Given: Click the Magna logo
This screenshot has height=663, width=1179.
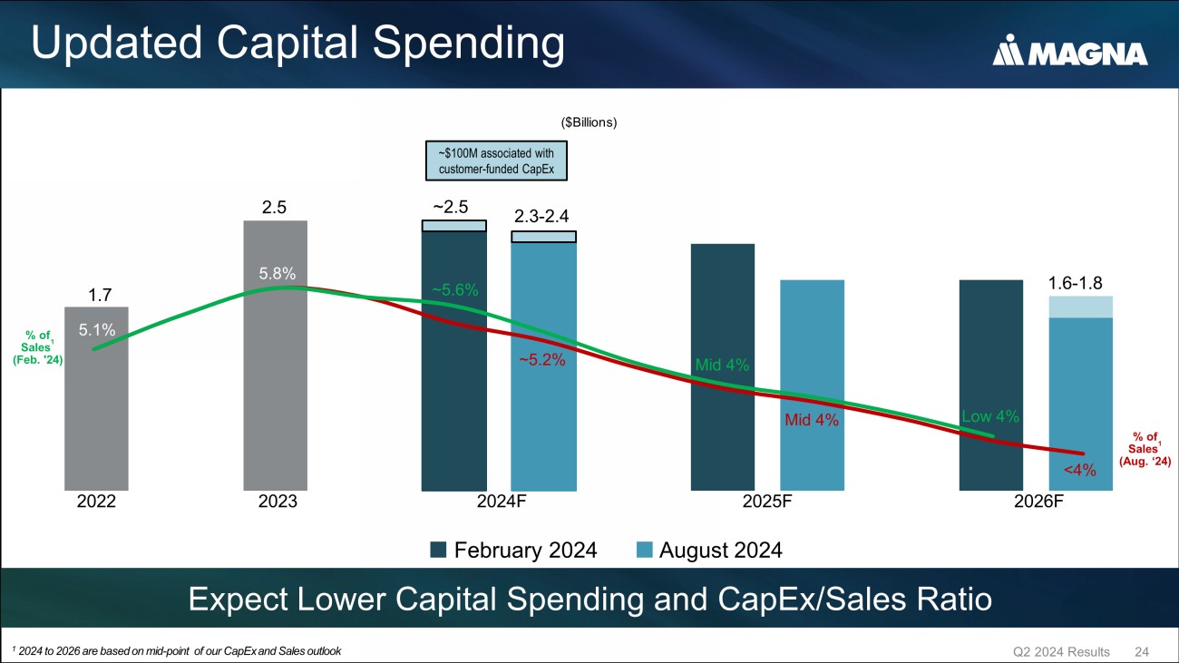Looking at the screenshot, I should [x=1070, y=53].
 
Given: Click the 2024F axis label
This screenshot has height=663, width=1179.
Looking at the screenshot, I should [x=502, y=501].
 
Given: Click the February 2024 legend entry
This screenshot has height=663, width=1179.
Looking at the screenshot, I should [x=513, y=550].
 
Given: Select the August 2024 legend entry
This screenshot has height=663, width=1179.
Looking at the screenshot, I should [x=708, y=550].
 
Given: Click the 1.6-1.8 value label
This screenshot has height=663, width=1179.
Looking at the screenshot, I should [x=1075, y=283].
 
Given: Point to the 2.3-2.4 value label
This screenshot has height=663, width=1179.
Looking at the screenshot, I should [x=542, y=216].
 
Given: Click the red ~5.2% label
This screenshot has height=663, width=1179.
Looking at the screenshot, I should [x=542, y=360].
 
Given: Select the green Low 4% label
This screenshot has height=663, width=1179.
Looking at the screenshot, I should [x=990, y=417].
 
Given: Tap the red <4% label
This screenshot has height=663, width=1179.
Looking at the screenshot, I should [x=1080, y=470].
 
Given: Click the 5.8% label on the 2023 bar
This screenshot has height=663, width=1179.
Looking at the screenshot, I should [x=277, y=272].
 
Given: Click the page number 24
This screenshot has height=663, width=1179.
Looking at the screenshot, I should [x=1142, y=652].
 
